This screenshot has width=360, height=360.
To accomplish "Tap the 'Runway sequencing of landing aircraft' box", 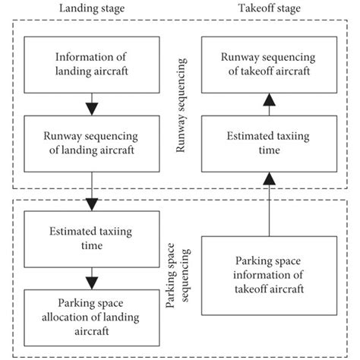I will [x=92, y=143].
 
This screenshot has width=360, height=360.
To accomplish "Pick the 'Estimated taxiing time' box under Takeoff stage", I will [x=268, y=143].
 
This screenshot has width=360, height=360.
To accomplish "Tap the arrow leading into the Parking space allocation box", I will [x=92, y=276].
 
